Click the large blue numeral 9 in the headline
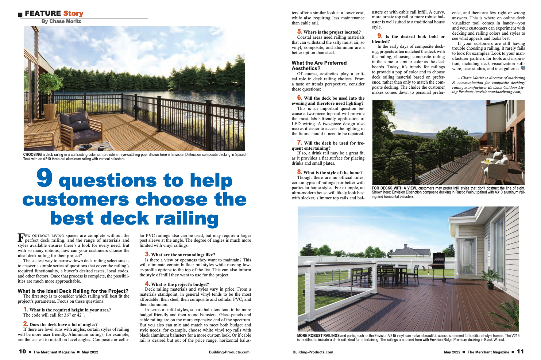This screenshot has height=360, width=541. coord(45,179)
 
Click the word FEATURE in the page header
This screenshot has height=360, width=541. coord(43,14)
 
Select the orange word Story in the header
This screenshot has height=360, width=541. coord(73,14)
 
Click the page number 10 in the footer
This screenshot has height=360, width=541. coord(22,352)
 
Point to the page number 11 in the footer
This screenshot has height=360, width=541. coord(520,352)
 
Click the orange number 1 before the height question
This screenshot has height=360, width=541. coord(26,309)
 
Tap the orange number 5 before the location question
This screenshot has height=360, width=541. coord(300,32)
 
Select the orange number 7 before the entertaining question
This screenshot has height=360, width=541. coord(300,142)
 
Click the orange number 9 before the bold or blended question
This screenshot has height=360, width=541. coord(380,36)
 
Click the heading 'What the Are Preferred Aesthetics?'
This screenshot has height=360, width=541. coord(319,65)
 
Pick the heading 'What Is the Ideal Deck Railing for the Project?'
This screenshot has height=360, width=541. coord(73,291)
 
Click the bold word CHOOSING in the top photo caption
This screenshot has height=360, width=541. coord(32,155)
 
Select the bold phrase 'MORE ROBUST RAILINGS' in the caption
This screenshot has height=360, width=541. coord(318,336)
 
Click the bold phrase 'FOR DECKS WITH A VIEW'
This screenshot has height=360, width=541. coord(394,188)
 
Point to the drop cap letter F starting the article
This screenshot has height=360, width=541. coord(21,238)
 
